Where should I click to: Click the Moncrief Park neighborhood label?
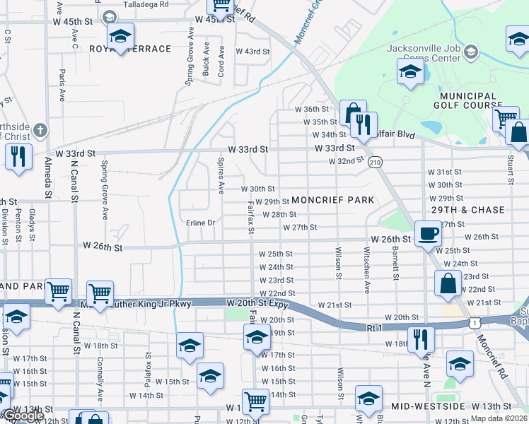pyautogui.click(x=332, y=200)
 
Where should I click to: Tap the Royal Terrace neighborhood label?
pyautogui.click(x=131, y=49)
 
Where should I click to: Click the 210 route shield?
pyautogui.click(x=375, y=162)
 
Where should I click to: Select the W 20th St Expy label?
pyautogui.click(x=257, y=302)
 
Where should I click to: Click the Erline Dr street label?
pyautogui.click(x=200, y=223)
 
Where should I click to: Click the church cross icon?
pyautogui.click(x=41, y=131)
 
